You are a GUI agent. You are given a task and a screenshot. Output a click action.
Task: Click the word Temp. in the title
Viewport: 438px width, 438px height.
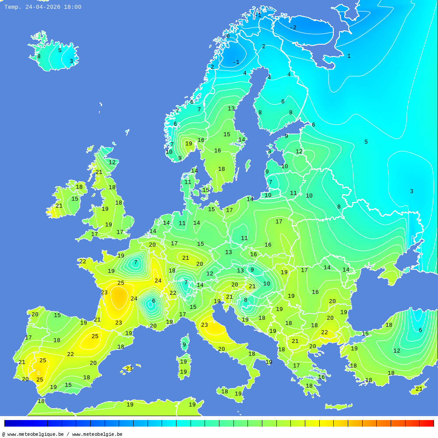(13, 7)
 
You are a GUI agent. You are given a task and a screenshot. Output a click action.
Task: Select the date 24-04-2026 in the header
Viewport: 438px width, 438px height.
(42, 7)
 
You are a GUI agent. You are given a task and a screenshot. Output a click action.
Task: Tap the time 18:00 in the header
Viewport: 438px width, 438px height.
(72, 7)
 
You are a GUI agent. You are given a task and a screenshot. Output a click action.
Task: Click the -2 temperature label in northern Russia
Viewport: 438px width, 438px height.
(293, 28)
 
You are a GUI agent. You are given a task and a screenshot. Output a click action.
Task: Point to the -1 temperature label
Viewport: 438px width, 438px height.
(236, 62)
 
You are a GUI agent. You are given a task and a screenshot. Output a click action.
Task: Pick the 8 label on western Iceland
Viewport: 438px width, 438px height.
(39, 57)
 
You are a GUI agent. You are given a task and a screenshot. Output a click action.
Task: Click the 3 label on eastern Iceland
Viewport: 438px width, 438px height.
(71, 61)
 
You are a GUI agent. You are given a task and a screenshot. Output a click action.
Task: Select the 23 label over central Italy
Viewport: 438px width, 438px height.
(205, 325)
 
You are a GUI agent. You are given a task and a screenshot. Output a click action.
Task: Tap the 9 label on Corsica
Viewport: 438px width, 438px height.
(184, 345)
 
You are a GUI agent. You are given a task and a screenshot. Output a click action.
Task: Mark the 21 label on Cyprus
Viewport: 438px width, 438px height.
(419, 389)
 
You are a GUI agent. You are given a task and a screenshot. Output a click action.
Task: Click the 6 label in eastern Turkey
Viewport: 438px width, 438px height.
(420, 330)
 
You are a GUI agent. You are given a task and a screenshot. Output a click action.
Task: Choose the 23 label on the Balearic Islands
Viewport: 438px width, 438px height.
(129, 369)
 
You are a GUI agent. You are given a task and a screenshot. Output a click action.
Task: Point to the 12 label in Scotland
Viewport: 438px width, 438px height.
(112, 162)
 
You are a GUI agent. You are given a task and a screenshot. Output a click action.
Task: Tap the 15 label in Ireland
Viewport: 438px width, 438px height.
(75, 199)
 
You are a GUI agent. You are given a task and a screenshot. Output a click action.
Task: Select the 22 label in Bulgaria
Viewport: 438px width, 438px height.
(325, 332)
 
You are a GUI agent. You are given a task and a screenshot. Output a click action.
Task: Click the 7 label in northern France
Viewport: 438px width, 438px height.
(135, 262)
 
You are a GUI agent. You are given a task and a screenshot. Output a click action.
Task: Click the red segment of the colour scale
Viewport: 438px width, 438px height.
(427, 423)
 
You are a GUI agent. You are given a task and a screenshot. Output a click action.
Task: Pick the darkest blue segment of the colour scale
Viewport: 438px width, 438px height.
(11, 423)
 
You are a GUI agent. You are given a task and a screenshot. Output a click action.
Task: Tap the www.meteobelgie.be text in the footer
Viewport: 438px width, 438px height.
(97, 434)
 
